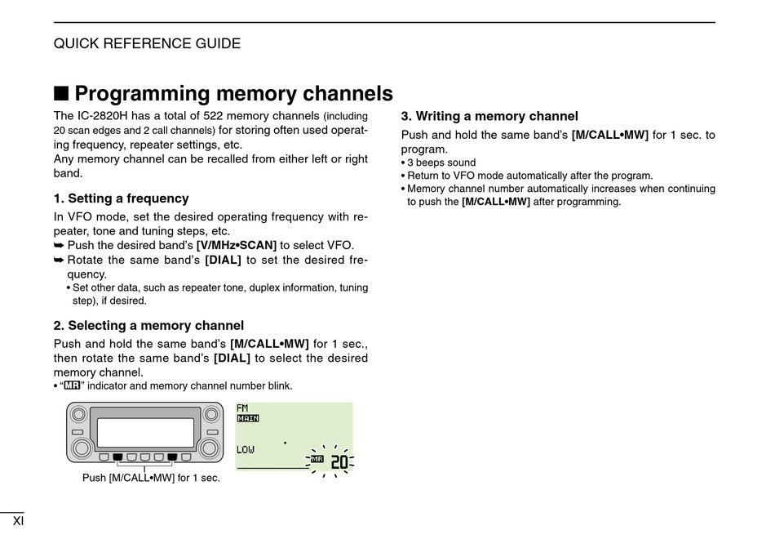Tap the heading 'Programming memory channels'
(x=233, y=93)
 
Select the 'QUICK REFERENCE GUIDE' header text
(x=147, y=43)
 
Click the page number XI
(x=18, y=521)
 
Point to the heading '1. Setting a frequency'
(x=121, y=198)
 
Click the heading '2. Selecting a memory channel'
(x=148, y=326)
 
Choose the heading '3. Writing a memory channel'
(x=489, y=116)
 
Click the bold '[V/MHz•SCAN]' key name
(x=237, y=245)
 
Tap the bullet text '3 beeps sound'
(x=441, y=163)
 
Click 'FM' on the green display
(x=242, y=408)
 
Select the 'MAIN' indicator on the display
(x=247, y=418)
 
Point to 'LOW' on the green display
(x=246, y=450)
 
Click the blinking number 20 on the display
(x=339, y=462)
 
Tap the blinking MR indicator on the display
(x=317, y=460)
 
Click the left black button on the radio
(x=117, y=457)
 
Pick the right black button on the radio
(x=172, y=457)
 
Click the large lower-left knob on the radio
(x=82, y=448)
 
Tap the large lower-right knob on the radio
(x=209, y=448)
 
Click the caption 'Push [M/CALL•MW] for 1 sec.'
(x=151, y=478)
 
